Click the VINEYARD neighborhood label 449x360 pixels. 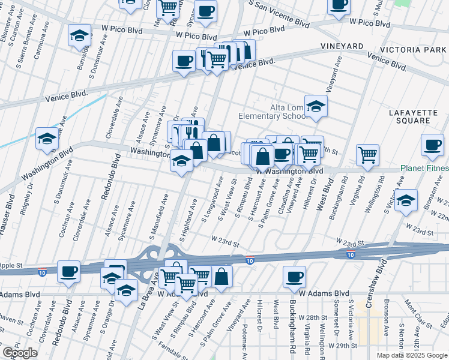click(342, 46)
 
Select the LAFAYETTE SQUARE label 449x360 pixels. click(418, 116)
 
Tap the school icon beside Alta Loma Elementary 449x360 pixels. click(315, 107)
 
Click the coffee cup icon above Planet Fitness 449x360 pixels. click(432, 145)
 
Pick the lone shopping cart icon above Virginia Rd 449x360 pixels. click(367, 155)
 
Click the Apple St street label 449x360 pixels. click(11, 265)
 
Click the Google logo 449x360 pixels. click(20, 353)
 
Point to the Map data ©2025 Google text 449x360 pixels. click(411, 355)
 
